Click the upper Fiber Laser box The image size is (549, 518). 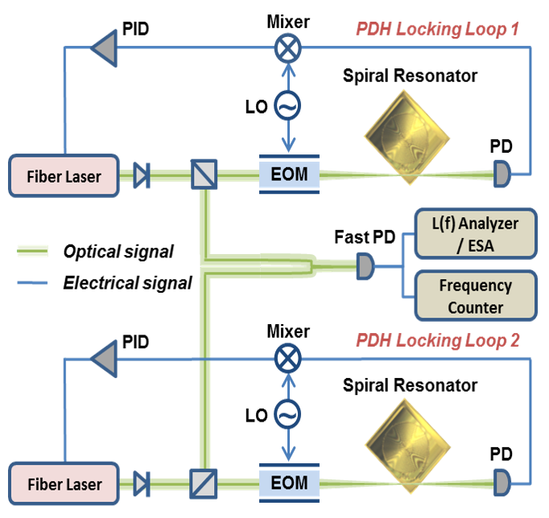64,175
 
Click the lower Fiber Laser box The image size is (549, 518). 64,484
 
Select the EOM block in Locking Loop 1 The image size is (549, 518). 289,173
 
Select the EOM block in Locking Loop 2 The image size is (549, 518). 289,483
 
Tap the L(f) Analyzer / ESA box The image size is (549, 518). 475,232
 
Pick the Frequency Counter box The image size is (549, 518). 475,295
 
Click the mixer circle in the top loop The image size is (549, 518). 287,48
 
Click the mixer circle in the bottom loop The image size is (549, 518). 287,357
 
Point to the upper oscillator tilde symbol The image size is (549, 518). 287,105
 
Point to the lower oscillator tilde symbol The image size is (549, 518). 287,413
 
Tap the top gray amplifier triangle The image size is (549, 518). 105,48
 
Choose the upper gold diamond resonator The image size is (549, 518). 407,132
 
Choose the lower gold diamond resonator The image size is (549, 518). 407,442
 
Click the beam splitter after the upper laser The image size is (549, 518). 204,174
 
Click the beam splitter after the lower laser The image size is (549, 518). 203,483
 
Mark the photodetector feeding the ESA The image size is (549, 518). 365,265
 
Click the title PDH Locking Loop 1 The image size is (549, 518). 438,30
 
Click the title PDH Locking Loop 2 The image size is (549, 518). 438,340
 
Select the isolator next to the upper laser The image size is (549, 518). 141,174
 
